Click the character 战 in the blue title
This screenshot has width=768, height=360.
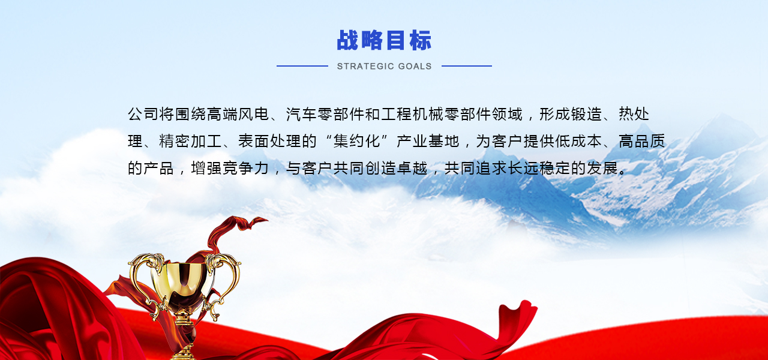(347, 40)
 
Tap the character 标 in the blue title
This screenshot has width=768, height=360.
(421, 40)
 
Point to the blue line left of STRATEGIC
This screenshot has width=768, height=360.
(302, 66)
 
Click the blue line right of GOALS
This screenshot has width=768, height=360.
(467, 66)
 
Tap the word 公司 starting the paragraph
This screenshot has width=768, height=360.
(143, 114)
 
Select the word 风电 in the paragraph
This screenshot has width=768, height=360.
(254, 114)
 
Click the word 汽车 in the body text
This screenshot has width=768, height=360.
(301, 114)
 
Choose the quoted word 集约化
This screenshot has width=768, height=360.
(357, 141)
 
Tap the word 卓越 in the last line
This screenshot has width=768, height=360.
(412, 168)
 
